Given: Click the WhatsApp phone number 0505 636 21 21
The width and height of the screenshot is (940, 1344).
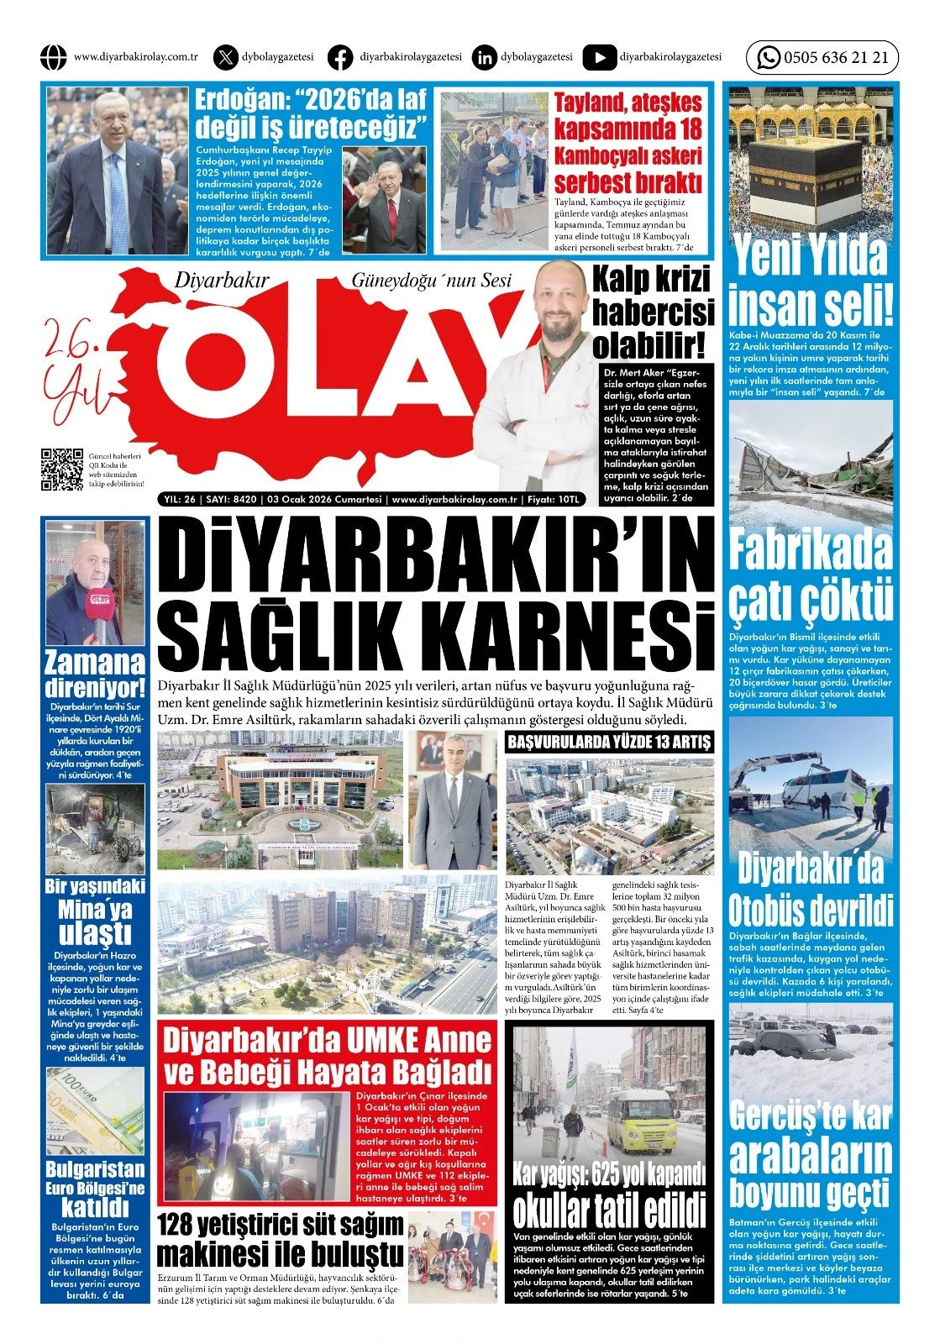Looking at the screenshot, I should pos(835,58).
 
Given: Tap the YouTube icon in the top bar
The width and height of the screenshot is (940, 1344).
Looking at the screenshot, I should pos(599,57).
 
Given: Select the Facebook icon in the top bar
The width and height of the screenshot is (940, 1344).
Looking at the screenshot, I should pos(339,57).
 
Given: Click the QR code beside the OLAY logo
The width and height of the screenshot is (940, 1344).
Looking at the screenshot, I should pos(62,470).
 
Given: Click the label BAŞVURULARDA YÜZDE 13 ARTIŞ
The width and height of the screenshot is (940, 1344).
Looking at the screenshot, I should pos(609,742).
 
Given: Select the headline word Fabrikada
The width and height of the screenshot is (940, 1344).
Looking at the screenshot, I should pos(810,550).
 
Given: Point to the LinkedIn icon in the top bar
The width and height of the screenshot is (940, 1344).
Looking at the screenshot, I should pos(484,57).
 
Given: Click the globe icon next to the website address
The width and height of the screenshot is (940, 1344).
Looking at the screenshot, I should pos(53,57).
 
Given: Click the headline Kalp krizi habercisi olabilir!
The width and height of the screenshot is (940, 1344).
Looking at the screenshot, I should pos(653,312).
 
